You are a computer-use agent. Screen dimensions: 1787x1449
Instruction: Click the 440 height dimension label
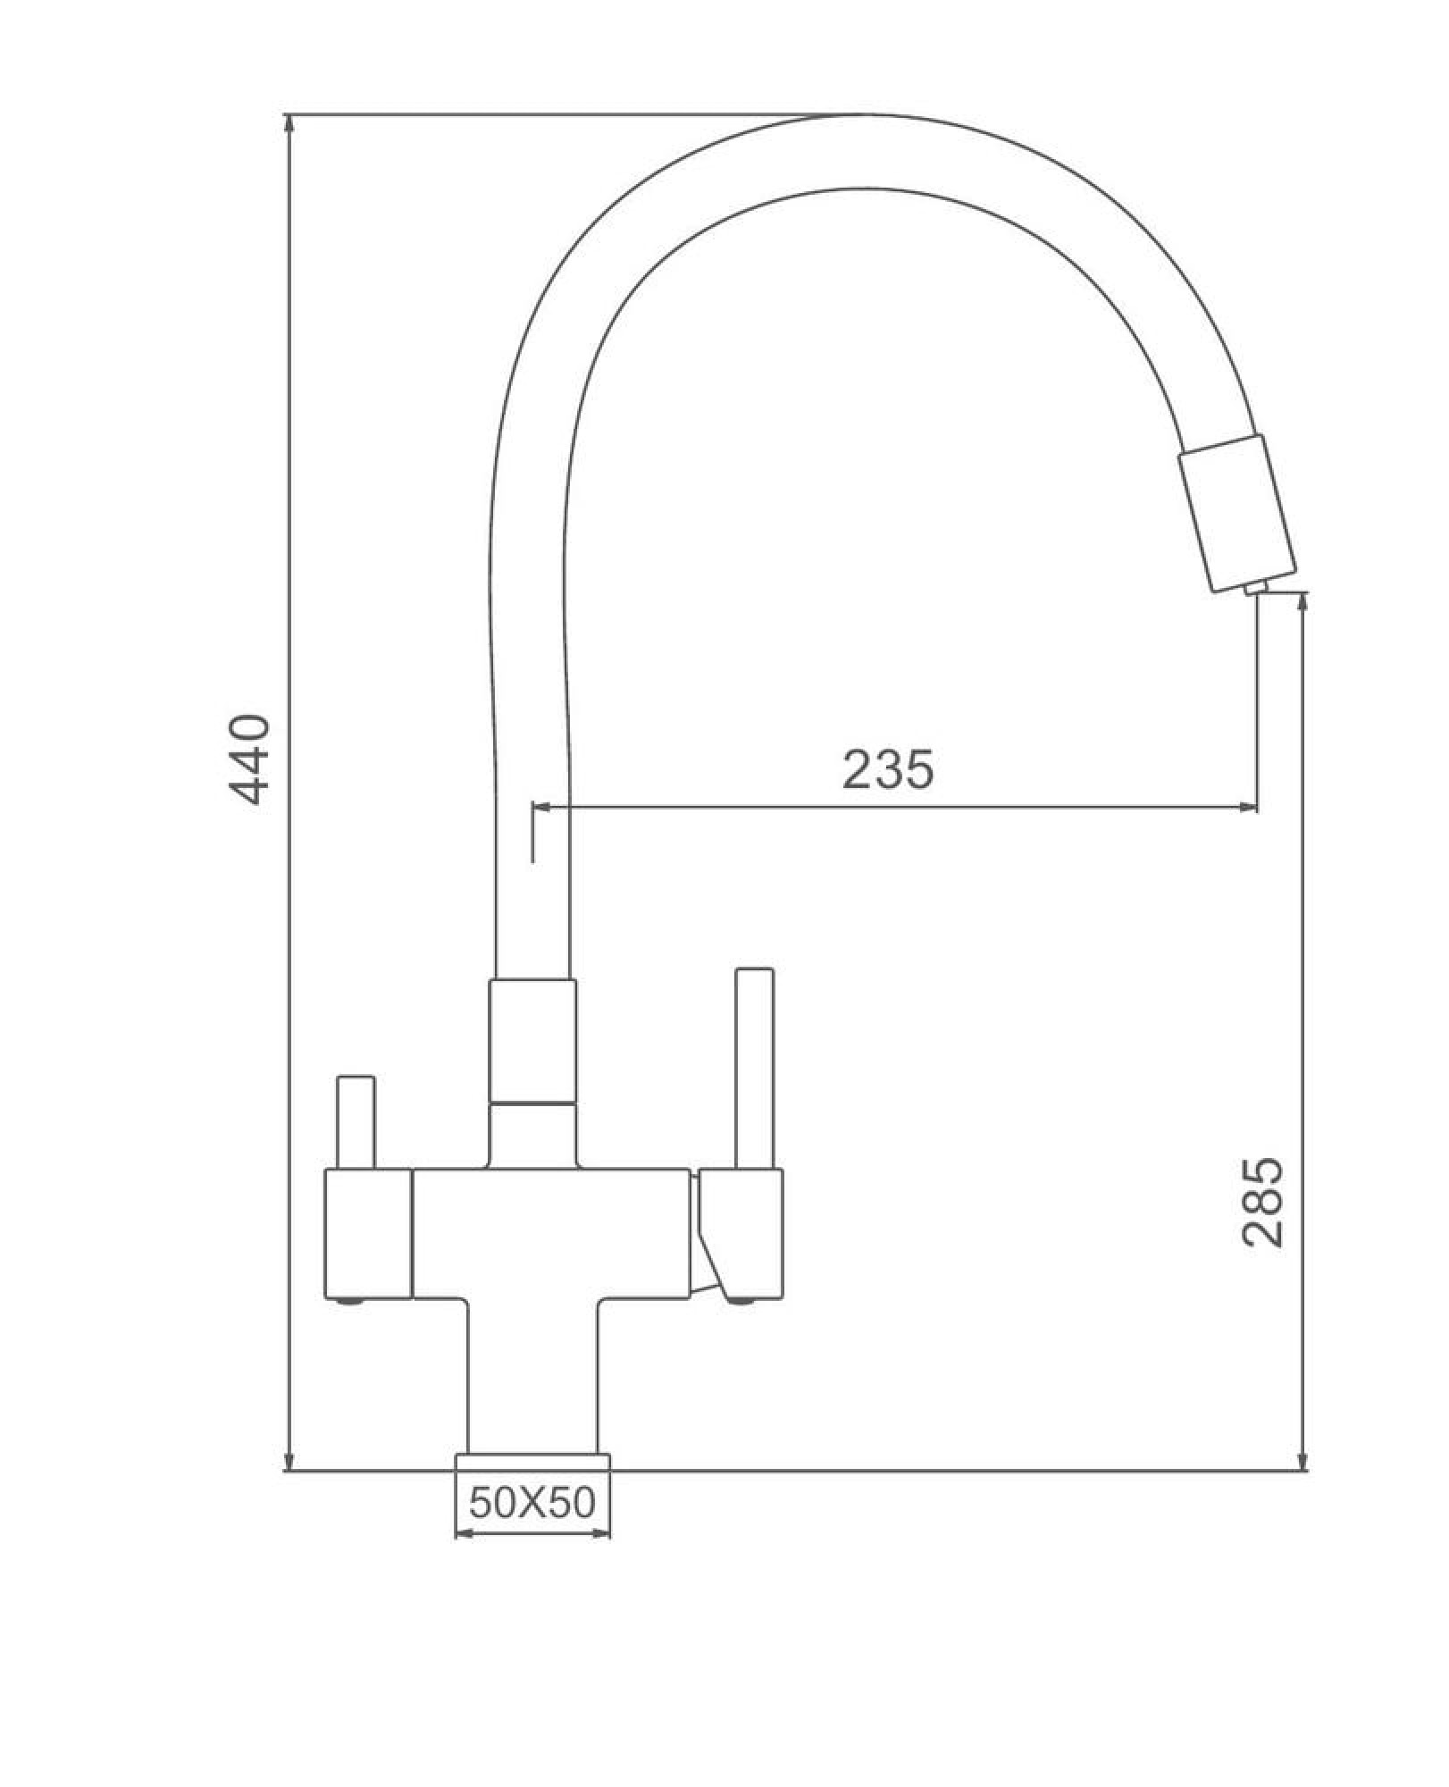tap(249, 759)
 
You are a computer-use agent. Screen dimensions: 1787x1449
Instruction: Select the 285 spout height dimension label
tap(1262, 1202)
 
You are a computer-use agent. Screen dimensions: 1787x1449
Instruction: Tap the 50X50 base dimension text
tap(532, 1503)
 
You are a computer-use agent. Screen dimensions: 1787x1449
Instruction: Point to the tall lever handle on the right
tap(753, 1068)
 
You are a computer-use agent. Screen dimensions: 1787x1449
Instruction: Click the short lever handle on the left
tap(355, 1122)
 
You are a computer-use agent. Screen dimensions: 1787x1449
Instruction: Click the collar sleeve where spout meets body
tap(532, 1041)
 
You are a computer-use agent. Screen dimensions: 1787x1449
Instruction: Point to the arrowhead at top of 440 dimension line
tap(289, 125)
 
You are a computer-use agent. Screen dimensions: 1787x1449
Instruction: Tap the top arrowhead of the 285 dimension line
tap(1303, 602)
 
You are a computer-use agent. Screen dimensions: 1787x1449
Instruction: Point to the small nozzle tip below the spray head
tap(1254, 587)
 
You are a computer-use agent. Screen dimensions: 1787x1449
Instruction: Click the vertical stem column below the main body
tap(532, 1376)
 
